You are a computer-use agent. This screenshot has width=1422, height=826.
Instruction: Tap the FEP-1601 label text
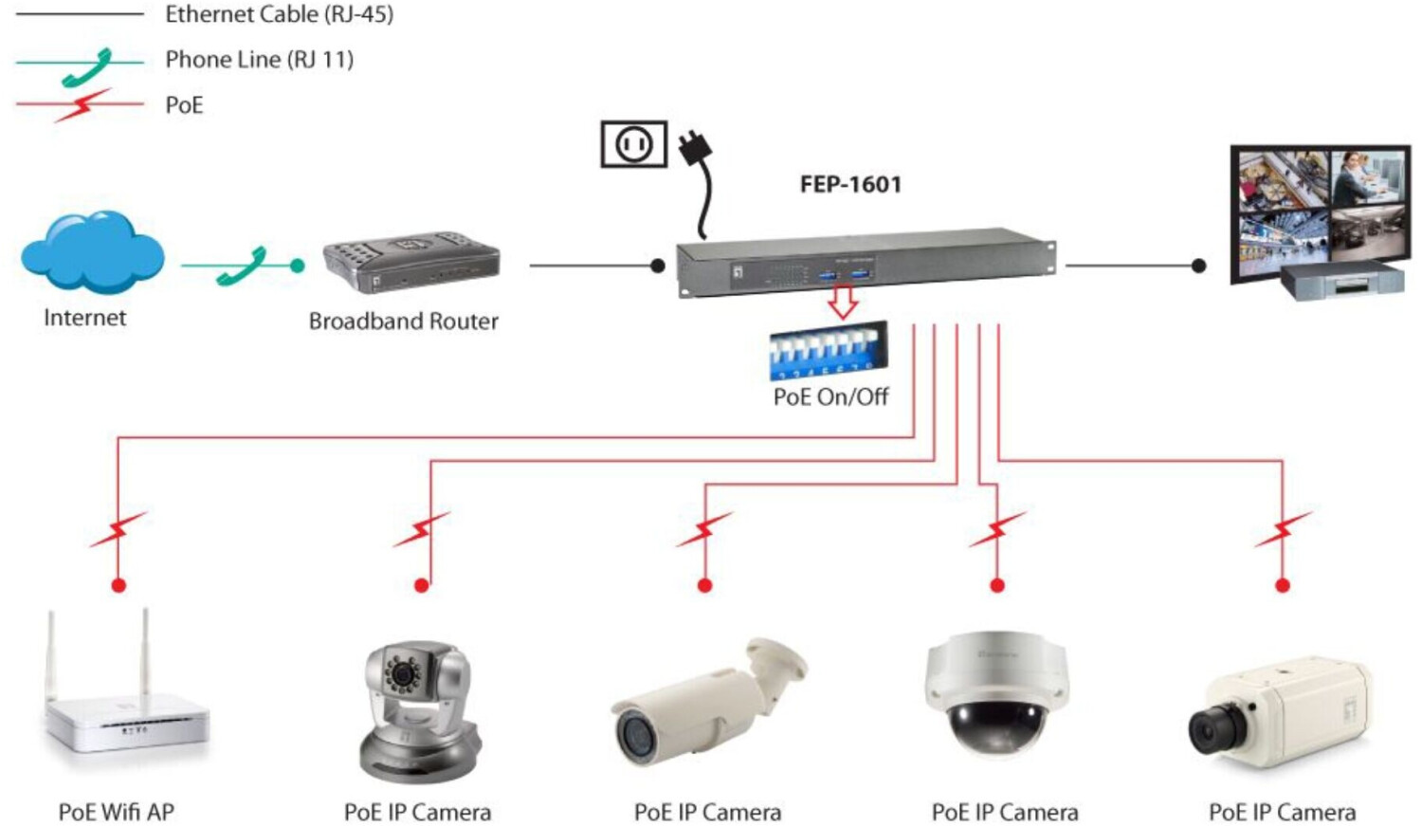(x=850, y=184)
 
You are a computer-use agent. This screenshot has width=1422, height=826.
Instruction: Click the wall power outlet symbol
(x=633, y=144)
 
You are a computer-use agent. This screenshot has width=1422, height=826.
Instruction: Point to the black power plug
(x=696, y=152)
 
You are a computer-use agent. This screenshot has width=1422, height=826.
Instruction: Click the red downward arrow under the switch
(x=843, y=302)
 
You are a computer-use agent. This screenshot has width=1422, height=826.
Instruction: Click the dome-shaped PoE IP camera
(x=996, y=692)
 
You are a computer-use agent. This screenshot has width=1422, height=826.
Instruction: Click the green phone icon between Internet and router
(x=242, y=266)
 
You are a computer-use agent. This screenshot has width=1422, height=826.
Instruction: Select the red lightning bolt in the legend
(x=82, y=105)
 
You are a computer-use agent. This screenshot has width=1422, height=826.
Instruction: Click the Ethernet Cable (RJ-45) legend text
(x=279, y=14)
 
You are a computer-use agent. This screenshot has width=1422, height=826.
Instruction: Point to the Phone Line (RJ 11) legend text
(x=259, y=60)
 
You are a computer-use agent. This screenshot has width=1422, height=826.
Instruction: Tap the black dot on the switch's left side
(x=658, y=266)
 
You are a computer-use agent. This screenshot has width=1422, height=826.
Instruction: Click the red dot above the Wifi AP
(x=118, y=585)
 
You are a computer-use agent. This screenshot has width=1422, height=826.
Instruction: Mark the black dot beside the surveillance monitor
(x=1198, y=266)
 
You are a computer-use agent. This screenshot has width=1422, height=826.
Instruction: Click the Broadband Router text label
(x=403, y=321)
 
